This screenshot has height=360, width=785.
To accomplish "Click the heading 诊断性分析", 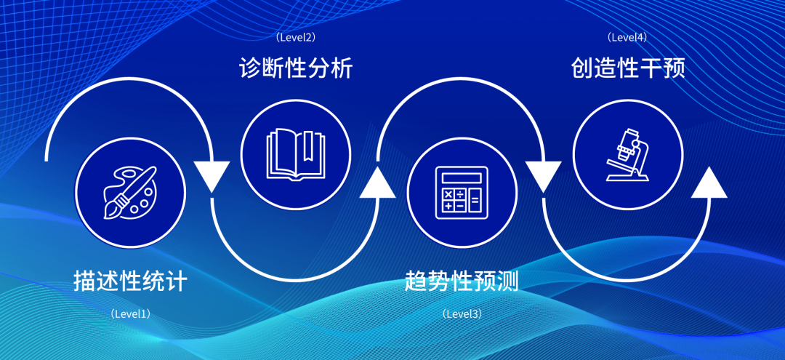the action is click(296, 69).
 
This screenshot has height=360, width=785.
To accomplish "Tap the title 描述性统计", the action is click(130, 281).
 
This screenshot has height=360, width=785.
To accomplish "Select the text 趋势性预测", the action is click(462, 281).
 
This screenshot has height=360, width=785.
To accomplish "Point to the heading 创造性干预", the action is click(627, 69).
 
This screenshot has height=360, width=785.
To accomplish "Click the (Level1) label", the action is click(130, 314).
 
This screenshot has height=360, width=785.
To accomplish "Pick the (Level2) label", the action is click(295, 36).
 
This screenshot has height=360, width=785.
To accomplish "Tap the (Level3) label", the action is click(462, 314).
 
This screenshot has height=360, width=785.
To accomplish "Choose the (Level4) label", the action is click(627, 36).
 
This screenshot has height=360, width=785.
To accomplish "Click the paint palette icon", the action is click(130, 193).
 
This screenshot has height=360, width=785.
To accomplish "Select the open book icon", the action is click(295, 153).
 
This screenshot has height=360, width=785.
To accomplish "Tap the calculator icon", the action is click(462, 192).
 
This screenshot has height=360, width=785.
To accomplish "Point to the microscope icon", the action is click(627, 153).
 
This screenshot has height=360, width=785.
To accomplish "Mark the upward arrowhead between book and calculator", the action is click(378, 182).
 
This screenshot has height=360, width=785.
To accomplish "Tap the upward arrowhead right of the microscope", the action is click(709, 182).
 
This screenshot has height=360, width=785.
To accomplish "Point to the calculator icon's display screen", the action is click(462, 177).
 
